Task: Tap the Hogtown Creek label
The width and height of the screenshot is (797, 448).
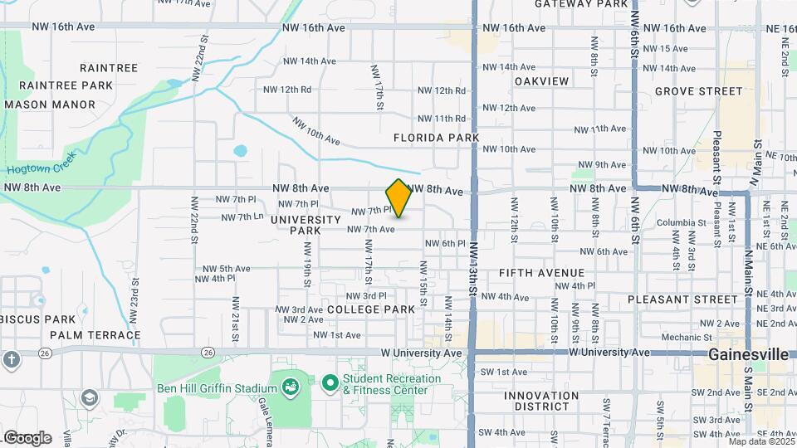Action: [42, 163]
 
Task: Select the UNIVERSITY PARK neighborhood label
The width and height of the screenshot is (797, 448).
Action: [306, 225]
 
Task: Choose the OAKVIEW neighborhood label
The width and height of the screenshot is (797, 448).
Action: [542, 81]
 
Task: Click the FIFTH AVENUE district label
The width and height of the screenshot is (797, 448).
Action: [542, 273]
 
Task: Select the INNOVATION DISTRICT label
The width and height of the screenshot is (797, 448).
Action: [541, 401]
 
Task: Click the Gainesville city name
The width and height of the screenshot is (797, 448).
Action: [748, 354]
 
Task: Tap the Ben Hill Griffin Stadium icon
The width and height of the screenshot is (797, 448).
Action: [290, 387]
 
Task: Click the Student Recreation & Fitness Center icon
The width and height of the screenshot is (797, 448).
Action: [330, 383]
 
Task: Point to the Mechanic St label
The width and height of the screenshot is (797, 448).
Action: [687, 338]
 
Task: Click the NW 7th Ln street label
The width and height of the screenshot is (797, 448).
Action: [242, 217]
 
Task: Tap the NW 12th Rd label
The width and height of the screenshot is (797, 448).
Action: [287, 90]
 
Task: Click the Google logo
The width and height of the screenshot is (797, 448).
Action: [27, 437]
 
